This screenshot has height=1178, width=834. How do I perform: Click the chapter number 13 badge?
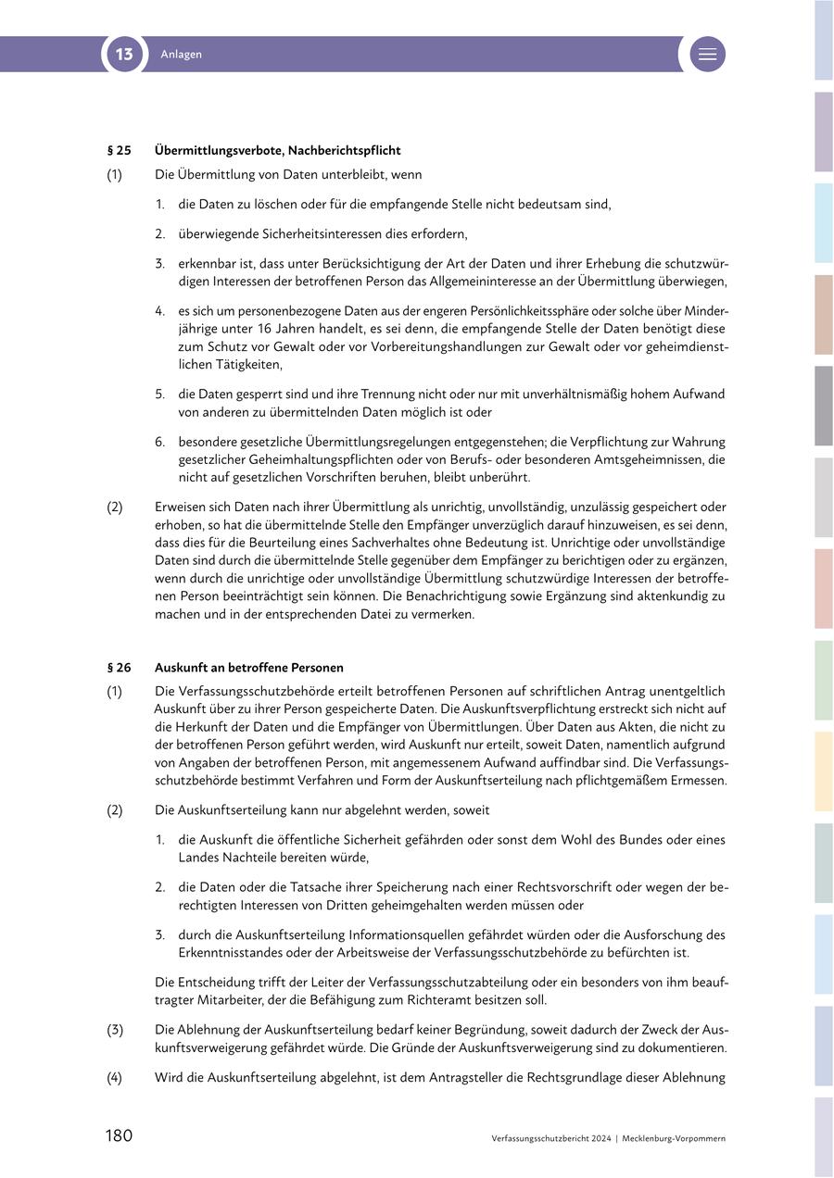[124, 55]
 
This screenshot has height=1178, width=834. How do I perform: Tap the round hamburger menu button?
[707, 55]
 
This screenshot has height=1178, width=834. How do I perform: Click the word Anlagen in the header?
[181, 55]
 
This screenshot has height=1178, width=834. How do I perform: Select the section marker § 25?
[119, 150]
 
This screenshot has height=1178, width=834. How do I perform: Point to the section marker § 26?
[119, 667]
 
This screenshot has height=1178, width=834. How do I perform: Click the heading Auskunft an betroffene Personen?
[248, 667]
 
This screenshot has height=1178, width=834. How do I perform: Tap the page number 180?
[119, 1135]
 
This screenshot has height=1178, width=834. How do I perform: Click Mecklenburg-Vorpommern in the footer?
[674, 1138]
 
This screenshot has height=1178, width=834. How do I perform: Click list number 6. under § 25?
[160, 442]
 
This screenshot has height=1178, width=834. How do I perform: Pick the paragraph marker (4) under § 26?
[115, 1077]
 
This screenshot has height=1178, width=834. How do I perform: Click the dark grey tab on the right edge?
[823, 406]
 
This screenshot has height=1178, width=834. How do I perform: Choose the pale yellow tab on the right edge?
[823, 771]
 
